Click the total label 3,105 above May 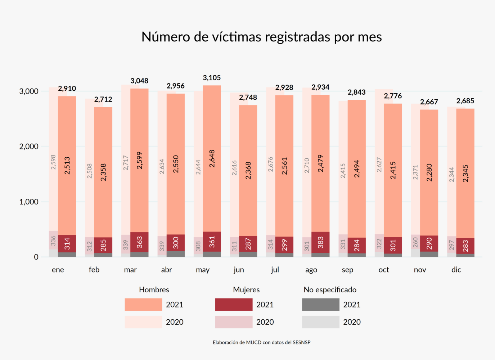click(212, 78)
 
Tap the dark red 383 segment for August click(320, 242)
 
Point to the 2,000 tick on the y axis click(29, 147)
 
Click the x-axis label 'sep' click(347, 270)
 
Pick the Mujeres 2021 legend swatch click(234, 305)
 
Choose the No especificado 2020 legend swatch click(320, 322)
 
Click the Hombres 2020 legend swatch click(143, 322)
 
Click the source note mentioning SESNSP click(261, 342)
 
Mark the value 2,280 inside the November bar click(429, 172)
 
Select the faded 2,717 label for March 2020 click(126, 163)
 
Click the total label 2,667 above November click(429, 102)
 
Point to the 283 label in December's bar click(465, 246)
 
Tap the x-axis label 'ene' click(58, 270)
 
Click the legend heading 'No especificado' click(330, 290)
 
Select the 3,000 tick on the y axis click(29, 91)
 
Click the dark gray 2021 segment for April click(176, 254)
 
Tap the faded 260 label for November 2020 click(415, 242)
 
